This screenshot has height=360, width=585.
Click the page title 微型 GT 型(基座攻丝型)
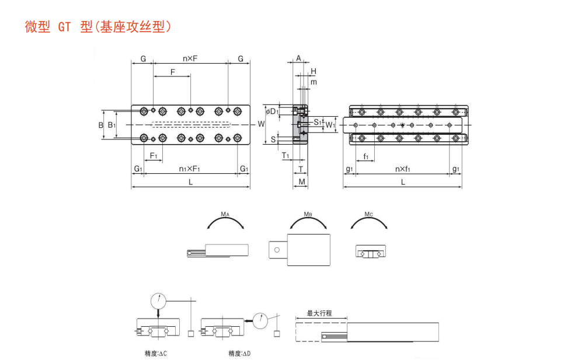(x=98, y=27)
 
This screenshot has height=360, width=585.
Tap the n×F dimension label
(x=190, y=58)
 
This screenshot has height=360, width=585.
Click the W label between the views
(x=261, y=124)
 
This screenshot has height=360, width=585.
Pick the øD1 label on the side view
(x=272, y=111)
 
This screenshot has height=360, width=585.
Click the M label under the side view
(x=301, y=182)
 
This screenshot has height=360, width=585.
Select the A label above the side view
(x=298, y=58)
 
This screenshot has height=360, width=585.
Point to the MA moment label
(x=225, y=215)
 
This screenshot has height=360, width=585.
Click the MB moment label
(x=308, y=215)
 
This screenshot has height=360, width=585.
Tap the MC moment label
(x=368, y=215)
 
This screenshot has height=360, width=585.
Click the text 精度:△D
(x=239, y=354)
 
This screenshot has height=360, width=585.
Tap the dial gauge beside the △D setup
(x=260, y=319)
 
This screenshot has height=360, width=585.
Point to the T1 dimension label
(x=285, y=155)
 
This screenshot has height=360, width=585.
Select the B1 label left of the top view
(x=112, y=124)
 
